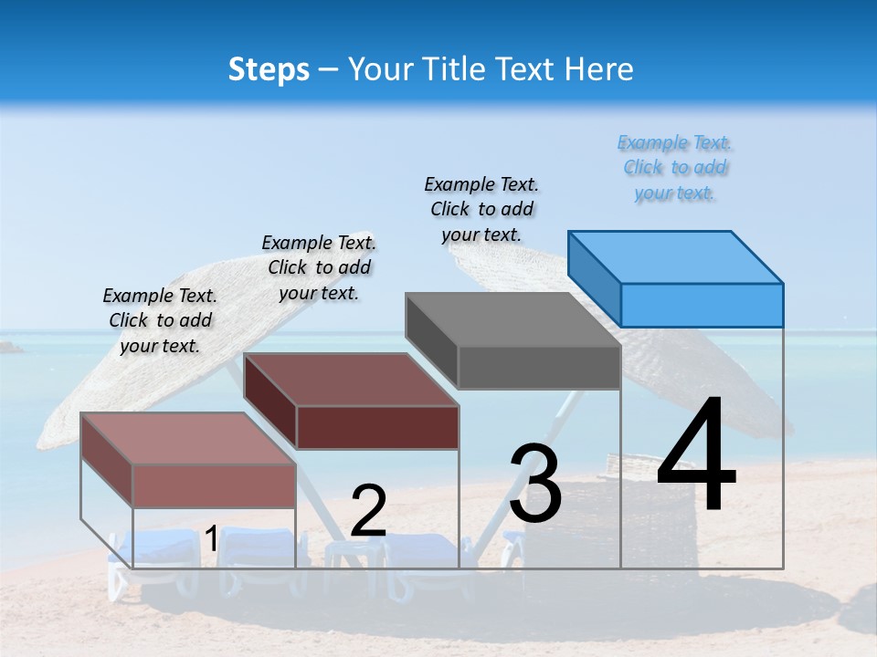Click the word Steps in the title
tap(269, 69)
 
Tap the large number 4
tap(696, 455)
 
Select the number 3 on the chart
tap(535, 485)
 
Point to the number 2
tap(368, 511)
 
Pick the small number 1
tap(211, 539)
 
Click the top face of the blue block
tap(676, 256)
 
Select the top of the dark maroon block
tap(351, 380)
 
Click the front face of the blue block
tap(702, 305)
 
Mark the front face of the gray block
tap(539, 368)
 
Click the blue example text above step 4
tap(674, 168)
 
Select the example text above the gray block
tap(481, 209)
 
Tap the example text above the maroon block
tap(319, 267)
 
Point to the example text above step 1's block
tap(160, 320)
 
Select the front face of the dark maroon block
tap(377, 427)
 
